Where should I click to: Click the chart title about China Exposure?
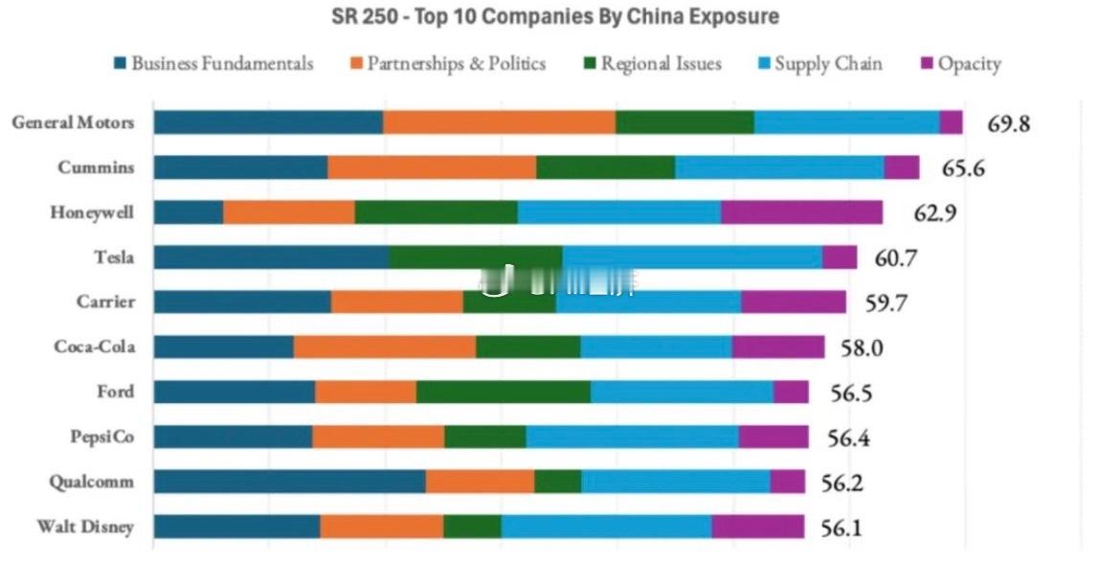click(554, 16)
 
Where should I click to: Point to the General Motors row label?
click(73, 123)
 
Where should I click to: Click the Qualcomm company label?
click(91, 482)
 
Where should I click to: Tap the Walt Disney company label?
click(85, 527)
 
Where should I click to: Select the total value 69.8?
click(1010, 123)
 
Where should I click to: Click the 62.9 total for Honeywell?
click(935, 213)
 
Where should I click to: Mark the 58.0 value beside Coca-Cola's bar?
click(862, 348)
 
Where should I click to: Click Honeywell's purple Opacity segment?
click(801, 213)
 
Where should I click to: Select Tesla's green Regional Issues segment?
click(476, 257)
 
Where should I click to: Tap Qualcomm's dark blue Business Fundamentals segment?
click(289, 482)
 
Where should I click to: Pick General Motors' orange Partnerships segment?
click(499, 123)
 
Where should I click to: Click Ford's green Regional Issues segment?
click(504, 392)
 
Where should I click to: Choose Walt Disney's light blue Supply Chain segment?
click(606, 527)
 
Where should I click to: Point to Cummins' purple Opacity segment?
click(901, 168)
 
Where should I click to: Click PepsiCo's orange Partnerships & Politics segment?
click(378, 437)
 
